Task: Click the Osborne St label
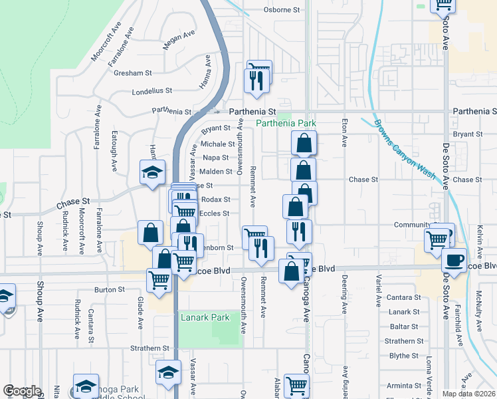282,10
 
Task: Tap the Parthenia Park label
286,124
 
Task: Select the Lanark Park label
205,317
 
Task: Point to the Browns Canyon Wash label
403,150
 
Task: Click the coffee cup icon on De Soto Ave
455,259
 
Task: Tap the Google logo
21,391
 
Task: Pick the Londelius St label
152,90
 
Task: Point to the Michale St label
217,144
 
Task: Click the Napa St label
216,158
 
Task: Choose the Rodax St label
215,199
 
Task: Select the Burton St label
110,290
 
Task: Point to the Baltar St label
404,327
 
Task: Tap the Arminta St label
404,385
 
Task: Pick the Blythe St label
404,356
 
